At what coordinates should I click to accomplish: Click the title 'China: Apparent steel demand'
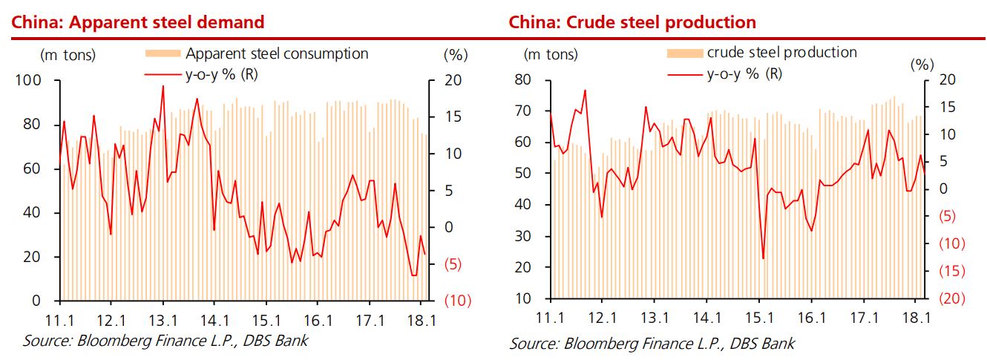point(137,22)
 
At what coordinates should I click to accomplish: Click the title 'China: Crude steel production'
point(632,22)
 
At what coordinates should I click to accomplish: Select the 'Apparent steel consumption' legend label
point(277,53)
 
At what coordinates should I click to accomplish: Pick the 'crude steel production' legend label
point(781,52)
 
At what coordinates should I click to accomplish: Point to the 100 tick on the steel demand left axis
point(31,80)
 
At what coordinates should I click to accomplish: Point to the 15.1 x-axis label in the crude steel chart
point(759,318)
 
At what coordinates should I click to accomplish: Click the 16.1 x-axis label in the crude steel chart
point(812,318)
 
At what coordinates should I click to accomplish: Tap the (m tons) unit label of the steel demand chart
point(68,53)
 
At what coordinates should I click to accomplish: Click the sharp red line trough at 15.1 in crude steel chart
point(763,258)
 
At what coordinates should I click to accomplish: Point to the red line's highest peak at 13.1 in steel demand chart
point(163,86)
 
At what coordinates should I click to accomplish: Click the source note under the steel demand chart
point(165,341)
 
